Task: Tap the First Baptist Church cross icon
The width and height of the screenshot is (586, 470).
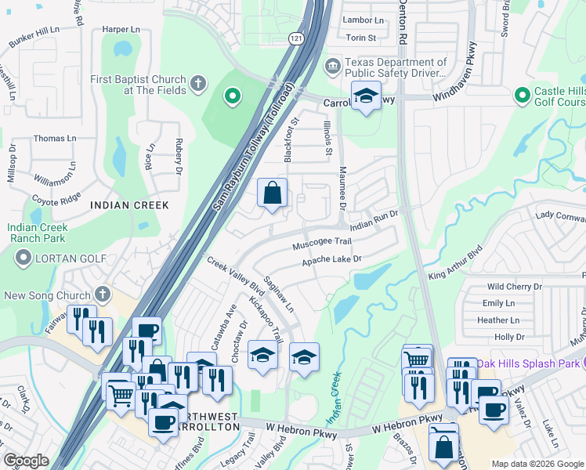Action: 199,82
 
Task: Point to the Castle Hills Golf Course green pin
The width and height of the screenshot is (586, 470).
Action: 523,96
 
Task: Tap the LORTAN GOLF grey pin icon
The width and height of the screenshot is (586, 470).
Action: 23,257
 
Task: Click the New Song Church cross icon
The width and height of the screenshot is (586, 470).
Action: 101,295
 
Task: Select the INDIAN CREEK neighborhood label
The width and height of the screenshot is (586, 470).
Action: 129,205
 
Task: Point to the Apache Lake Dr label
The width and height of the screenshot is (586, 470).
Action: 332,259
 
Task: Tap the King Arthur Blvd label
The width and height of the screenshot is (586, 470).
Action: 454,265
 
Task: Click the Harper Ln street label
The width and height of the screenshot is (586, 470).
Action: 121,30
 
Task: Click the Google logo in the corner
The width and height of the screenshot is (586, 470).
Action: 27,461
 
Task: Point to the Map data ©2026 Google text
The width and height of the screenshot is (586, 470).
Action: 537,464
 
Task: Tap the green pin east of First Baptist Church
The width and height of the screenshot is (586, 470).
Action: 232,97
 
